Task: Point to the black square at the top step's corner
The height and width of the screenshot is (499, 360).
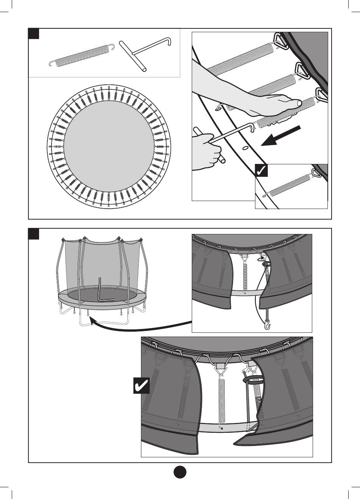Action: point(34,34)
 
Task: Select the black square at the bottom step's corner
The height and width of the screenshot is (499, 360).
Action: point(34,234)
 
